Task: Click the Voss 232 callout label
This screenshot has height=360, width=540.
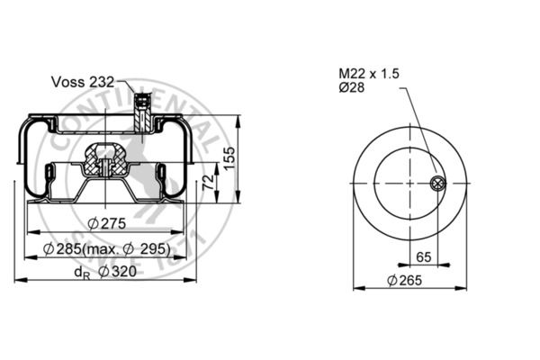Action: pyautogui.click(x=82, y=81)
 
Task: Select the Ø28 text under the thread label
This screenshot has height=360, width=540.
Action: pyautogui.click(x=351, y=88)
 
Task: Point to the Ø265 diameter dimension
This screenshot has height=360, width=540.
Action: pyautogui.click(x=405, y=280)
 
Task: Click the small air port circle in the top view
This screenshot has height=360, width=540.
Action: pyautogui.click(x=436, y=184)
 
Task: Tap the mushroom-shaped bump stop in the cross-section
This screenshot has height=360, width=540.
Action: pyautogui.click(x=104, y=162)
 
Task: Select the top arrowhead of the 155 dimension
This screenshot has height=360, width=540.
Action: pyautogui.click(x=239, y=118)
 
